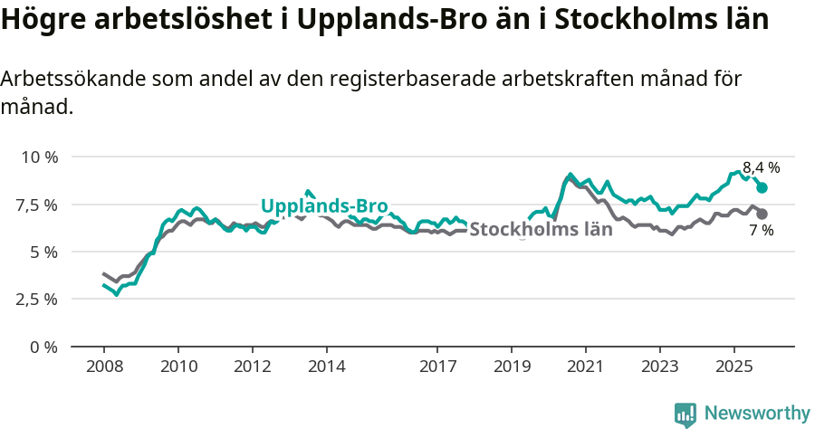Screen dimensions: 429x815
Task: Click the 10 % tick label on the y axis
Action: click(x=39, y=157)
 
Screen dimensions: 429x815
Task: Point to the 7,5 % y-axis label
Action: click(x=37, y=205)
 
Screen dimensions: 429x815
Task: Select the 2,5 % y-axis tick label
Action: click(x=37, y=299)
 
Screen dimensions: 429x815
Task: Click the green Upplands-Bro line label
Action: click(x=324, y=205)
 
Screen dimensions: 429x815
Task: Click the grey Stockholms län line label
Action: click(x=541, y=229)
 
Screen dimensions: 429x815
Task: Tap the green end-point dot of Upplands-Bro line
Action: click(x=762, y=187)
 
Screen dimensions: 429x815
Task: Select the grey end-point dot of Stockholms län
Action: click(x=762, y=214)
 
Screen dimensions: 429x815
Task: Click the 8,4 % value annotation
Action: click(x=761, y=167)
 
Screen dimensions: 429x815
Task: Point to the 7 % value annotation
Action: click(x=761, y=231)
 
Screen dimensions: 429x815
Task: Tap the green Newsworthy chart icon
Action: click(x=686, y=415)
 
